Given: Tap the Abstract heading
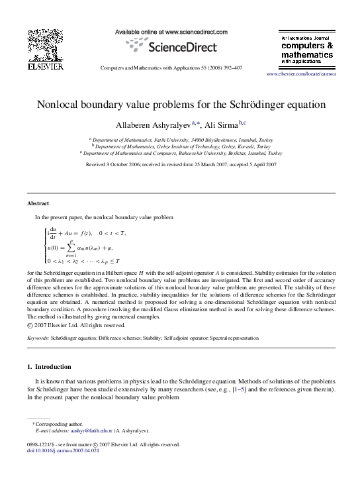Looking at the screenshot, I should click(x=38, y=203).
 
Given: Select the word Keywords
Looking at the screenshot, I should click(x=38, y=338).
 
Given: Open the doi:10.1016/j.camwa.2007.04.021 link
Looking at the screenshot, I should click(x=63, y=451).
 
